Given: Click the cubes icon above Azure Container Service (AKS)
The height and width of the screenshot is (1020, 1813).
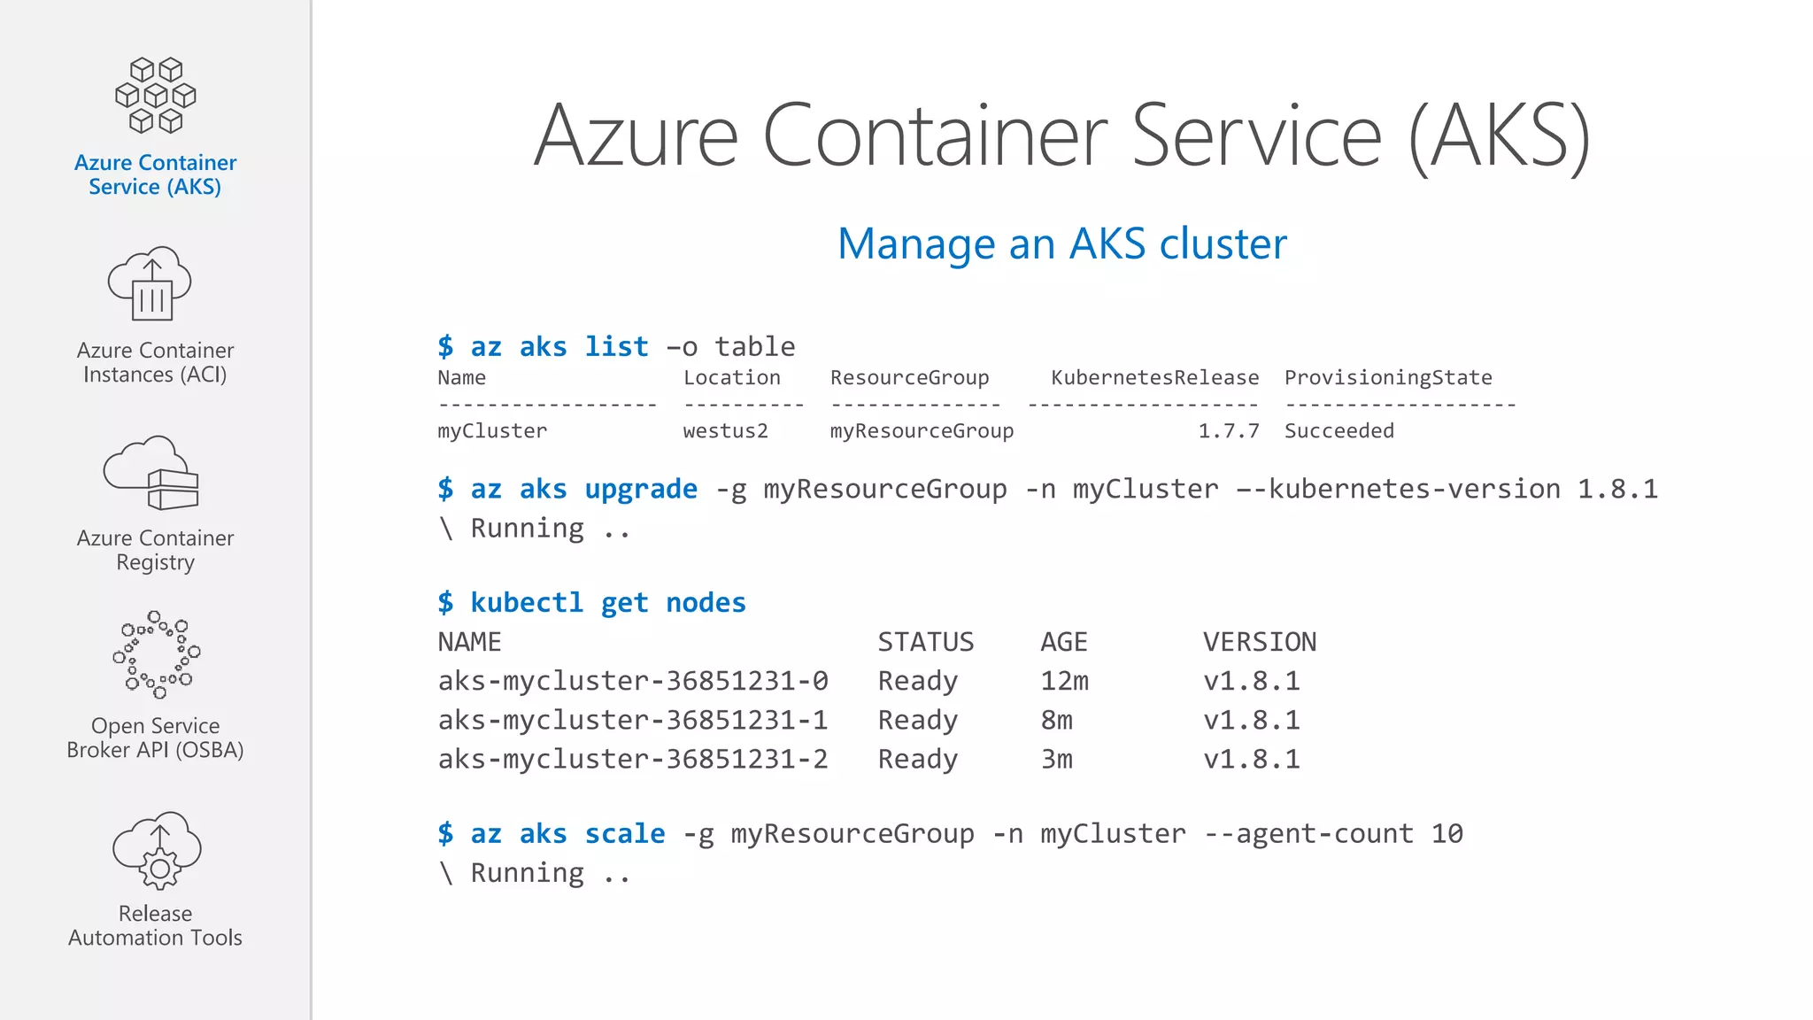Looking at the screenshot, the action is (156, 96).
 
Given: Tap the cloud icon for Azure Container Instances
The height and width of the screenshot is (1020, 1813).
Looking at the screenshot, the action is (150, 283).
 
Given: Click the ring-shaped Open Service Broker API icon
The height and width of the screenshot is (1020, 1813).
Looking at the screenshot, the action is (156, 654).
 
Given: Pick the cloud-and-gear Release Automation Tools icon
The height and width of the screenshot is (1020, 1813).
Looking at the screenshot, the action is (157, 849).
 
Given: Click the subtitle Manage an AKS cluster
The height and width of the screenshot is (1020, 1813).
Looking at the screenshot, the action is (1061, 243).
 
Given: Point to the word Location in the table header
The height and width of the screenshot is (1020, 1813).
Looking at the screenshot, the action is (731, 378).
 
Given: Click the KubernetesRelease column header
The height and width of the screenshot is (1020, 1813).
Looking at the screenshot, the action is (1154, 378).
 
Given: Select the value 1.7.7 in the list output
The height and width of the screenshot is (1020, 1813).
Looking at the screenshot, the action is (1228, 431).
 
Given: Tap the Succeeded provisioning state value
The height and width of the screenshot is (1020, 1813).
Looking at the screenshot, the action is (1339, 431).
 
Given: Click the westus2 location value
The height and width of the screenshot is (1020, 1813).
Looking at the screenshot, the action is (725, 431).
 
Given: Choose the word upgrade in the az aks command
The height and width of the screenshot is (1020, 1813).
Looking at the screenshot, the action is (640, 489).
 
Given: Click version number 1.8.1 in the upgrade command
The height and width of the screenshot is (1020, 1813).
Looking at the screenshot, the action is (1617, 489).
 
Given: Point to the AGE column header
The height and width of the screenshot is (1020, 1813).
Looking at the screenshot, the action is (1063, 642).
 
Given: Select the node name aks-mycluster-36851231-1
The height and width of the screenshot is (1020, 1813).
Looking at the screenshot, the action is (633, 720).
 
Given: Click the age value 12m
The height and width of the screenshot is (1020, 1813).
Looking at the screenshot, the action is (1064, 681).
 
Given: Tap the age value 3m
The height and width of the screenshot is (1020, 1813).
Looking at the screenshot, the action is (1056, 759).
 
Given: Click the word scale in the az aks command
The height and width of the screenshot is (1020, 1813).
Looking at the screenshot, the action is (624, 833).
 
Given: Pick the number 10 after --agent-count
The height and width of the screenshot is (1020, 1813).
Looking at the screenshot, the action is (1447, 833).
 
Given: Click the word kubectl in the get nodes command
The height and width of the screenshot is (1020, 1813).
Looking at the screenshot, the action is (526, 602).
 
